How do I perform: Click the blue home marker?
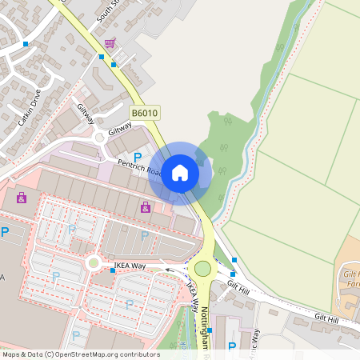coord(180,173)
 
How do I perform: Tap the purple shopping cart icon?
coord(109,42)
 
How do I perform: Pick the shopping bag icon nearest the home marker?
coord(145,208)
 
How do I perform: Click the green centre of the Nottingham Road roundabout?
coord(202,269)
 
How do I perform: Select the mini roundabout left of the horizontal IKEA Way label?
coord(93,262)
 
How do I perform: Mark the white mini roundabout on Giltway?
coord(99,138)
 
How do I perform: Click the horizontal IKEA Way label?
coord(129,263)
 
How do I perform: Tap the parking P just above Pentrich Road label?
coord(137,157)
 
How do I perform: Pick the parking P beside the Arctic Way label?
coord(232,346)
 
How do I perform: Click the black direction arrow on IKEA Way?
coord(169,271)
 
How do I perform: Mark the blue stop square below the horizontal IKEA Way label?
coord(113,271)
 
